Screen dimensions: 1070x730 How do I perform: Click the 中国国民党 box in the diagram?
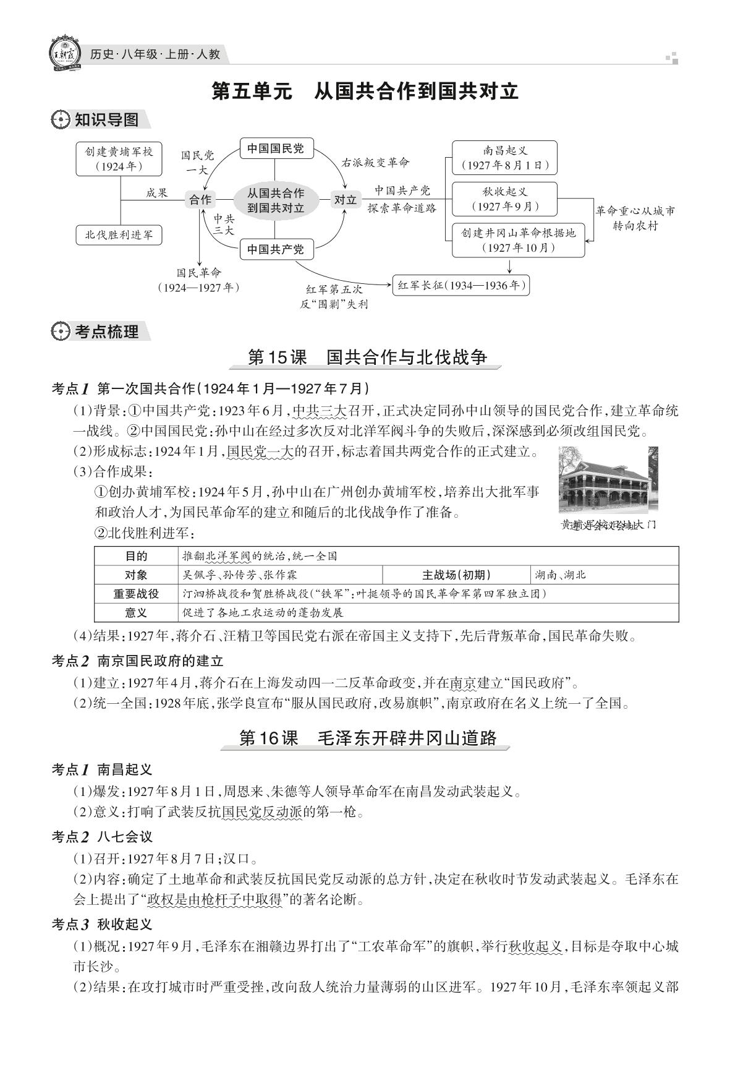click(276, 149)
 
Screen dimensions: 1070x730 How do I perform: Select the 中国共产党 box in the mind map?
click(276, 250)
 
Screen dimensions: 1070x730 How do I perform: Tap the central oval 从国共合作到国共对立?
click(276, 200)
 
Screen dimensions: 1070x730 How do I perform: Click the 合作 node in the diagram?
click(200, 200)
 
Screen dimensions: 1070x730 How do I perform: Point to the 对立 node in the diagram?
click(346, 200)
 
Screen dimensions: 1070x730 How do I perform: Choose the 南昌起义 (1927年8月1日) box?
click(504, 158)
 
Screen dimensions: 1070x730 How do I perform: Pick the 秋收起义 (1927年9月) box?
click(504, 199)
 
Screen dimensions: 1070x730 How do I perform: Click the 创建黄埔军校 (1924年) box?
click(119, 159)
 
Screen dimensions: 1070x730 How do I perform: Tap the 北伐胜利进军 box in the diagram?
click(119, 235)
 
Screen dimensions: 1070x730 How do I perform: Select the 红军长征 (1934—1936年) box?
click(461, 285)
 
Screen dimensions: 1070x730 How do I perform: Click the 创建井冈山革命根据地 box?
click(518, 240)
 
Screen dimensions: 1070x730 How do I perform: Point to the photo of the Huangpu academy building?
click(608, 480)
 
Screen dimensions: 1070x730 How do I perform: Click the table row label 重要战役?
click(136, 594)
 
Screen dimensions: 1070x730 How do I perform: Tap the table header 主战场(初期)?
click(456, 575)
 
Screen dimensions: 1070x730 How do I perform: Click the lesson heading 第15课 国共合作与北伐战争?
click(367, 357)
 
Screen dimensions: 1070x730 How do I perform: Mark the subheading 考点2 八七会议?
click(102, 837)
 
